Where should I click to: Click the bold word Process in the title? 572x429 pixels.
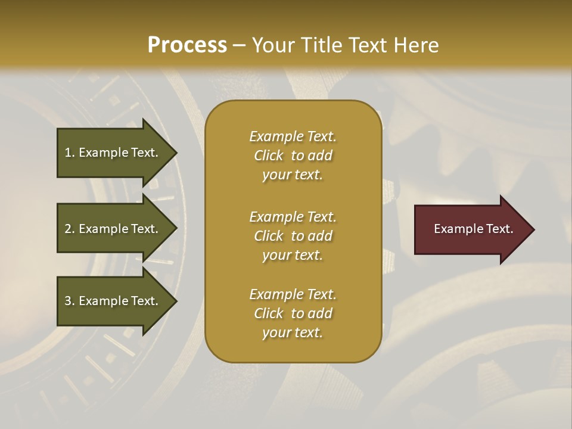(187, 45)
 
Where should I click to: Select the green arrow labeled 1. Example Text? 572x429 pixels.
(113, 153)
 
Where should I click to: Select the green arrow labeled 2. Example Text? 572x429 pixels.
(113, 229)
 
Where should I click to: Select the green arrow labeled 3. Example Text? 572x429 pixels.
(113, 301)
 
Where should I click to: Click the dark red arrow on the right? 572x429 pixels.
(471, 229)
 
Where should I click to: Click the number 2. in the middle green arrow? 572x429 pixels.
(70, 229)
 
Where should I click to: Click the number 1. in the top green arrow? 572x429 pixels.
(70, 153)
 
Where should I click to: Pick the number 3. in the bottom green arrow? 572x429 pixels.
(70, 301)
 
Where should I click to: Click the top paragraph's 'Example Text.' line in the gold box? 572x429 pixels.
(293, 136)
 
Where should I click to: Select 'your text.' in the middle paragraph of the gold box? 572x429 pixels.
(293, 255)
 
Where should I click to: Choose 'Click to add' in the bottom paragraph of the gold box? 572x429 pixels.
(293, 313)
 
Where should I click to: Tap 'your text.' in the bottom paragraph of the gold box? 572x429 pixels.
(293, 332)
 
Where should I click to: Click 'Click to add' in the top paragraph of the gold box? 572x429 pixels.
(293, 156)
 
